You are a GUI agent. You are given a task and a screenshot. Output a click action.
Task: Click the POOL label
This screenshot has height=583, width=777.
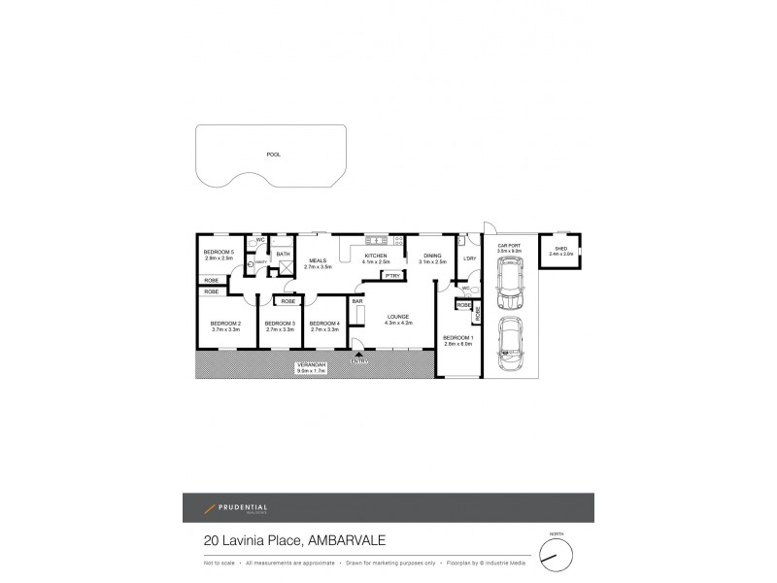tap(273, 154)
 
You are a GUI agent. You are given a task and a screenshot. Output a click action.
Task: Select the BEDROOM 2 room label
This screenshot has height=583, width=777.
tap(225, 323)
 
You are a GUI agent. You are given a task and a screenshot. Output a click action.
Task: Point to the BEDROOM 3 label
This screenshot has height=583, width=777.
tap(279, 323)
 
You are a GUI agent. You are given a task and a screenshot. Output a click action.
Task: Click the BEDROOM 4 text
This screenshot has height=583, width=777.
tap(323, 323)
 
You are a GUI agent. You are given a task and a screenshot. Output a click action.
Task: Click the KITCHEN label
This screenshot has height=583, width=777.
tap(375, 257)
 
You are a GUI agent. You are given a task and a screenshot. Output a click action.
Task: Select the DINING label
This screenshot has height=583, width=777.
tap(433, 257)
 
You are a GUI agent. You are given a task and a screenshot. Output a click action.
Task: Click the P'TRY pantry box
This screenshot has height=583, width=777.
tap(392, 276)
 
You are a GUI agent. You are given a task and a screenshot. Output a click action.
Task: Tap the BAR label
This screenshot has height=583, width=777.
tap(357, 301)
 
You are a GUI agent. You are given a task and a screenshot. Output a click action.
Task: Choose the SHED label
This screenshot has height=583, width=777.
tap(561, 250)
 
